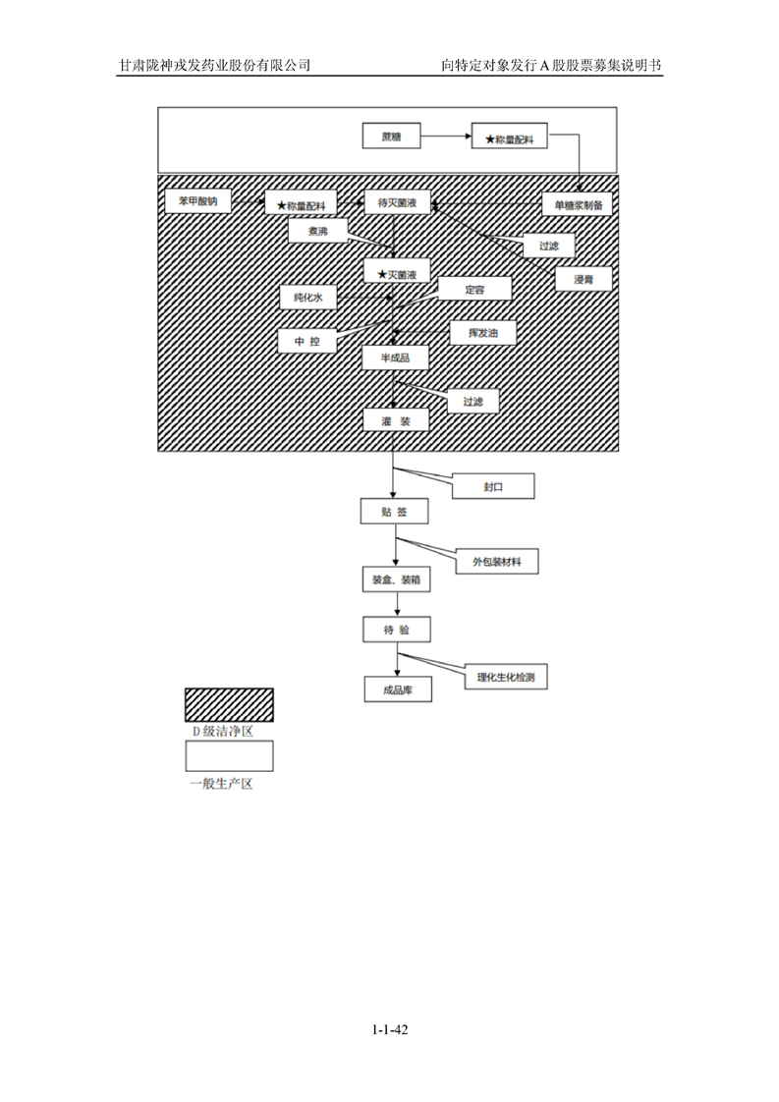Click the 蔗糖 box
tap(391, 136)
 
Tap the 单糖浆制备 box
tap(577, 203)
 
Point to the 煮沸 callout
tap(317, 231)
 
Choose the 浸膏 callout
tap(583, 280)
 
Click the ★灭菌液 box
tap(396, 272)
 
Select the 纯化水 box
tap(306, 297)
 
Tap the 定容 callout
tap(474, 290)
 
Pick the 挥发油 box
tap(482, 334)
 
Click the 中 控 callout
tap(306, 341)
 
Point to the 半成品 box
tap(395, 358)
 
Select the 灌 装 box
tap(395, 421)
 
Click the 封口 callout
tap(493, 487)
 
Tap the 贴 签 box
tap(395, 512)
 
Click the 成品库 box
tap(397, 690)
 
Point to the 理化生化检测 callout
tap(511, 677)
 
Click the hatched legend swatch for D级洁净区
tap(230, 705)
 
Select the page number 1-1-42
tap(390, 1030)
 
